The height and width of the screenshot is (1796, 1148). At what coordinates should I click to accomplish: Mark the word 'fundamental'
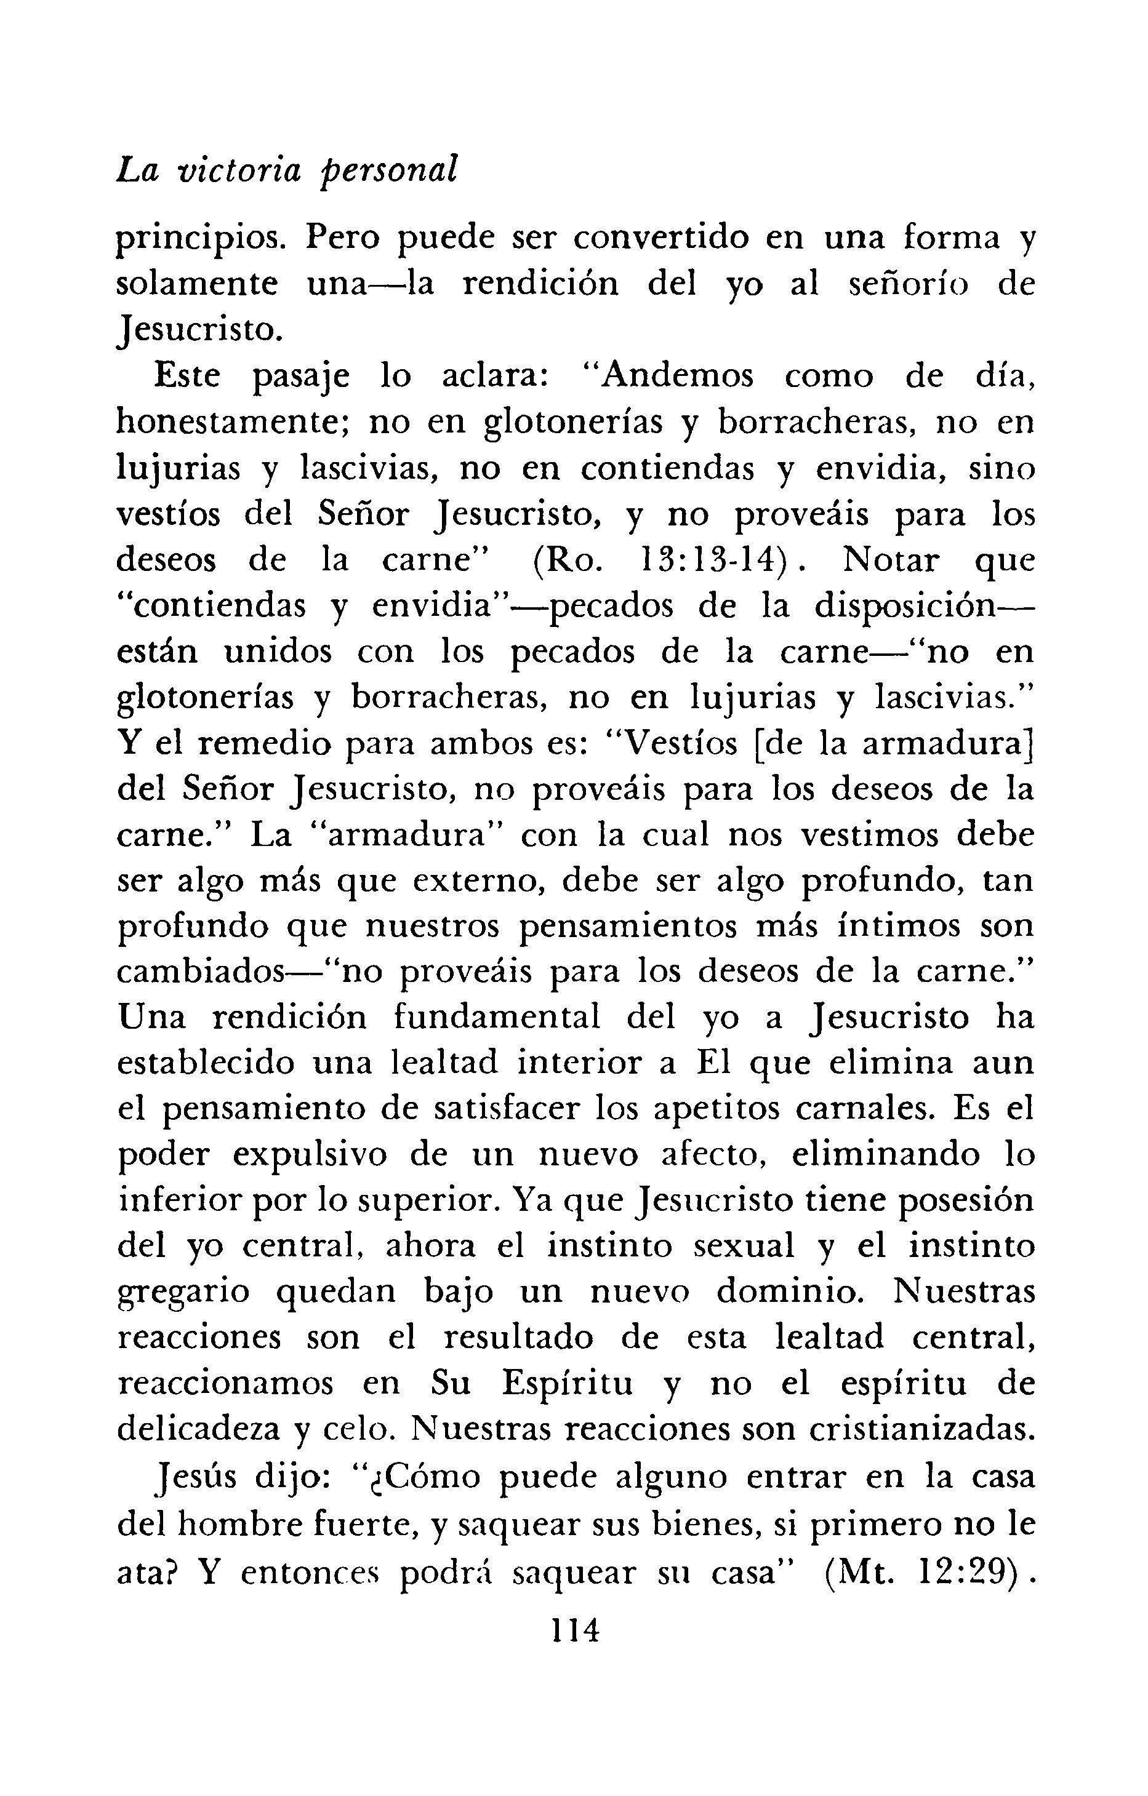[x=497, y=1019]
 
